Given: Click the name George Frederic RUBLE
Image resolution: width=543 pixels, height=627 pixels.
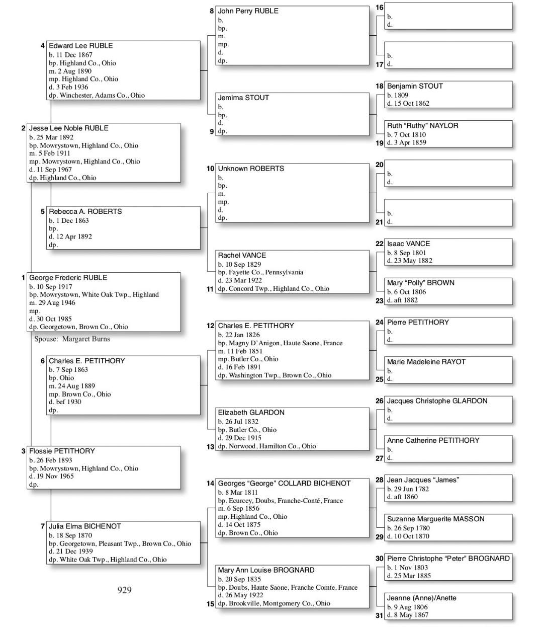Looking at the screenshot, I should tap(68, 278).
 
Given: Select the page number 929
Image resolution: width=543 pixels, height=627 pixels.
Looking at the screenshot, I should tap(124, 590).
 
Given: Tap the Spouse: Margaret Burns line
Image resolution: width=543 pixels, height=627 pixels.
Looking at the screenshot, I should tap(72, 339).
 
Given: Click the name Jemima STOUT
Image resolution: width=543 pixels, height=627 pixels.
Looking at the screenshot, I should tap(243, 98).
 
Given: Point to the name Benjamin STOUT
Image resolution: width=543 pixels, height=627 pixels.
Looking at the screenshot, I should tap(415, 86).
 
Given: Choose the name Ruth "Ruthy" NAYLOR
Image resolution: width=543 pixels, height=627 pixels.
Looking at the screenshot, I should tap(422, 126).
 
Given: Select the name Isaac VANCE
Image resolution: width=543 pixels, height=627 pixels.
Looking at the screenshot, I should tap(408, 244).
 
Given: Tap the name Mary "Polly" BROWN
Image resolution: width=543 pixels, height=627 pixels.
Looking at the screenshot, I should tap(420, 283).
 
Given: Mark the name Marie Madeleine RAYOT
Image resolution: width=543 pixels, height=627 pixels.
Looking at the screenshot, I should tap(426, 362).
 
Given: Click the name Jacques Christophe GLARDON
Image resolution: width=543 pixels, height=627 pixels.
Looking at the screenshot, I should tap(437, 401).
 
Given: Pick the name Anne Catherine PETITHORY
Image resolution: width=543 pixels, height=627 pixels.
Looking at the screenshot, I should tap(433, 440).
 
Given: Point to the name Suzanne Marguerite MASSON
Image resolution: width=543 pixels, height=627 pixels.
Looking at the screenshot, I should tap(435, 519).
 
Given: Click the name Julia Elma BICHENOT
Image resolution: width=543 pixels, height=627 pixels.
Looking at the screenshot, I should tap(84, 526).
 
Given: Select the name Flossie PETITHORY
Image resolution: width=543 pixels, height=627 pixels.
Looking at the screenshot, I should tap(61, 451).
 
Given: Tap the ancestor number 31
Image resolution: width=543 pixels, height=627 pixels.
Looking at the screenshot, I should tap(379, 615).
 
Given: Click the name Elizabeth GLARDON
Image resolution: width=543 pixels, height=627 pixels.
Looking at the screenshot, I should tap(251, 413).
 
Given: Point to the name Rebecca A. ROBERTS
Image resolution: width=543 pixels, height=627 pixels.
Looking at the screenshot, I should tap(85, 212).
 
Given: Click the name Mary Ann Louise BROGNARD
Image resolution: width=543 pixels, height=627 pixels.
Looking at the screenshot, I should tap(266, 570).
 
